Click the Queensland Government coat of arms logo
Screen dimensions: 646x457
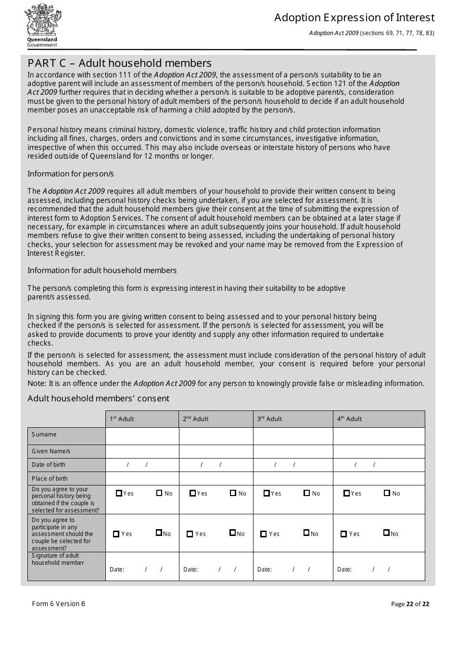[42, 25]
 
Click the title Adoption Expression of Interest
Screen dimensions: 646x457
[354, 18]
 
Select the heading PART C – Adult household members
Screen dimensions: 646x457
[119, 63]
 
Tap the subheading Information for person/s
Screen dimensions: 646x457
[71, 174]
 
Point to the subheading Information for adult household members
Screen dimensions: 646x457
[102, 271]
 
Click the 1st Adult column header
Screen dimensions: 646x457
[122, 419]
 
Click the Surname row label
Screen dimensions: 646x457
[44, 435]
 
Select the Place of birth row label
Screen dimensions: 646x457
[50, 479]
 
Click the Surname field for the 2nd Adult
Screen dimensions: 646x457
[216, 436]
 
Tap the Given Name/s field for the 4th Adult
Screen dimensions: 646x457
[379, 451]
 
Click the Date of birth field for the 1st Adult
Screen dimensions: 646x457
[142, 465]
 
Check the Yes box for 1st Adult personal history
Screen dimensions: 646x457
[119, 493]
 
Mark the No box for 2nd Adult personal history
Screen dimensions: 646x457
[233, 493]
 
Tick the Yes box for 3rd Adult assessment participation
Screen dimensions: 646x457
[263, 534]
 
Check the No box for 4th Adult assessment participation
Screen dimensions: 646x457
[386, 533]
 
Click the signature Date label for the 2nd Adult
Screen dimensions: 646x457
[190, 570]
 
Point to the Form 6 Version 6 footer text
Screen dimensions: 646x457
[58, 604]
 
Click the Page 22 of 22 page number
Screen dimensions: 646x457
[410, 604]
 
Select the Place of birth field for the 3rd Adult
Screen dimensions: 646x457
[293, 479]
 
